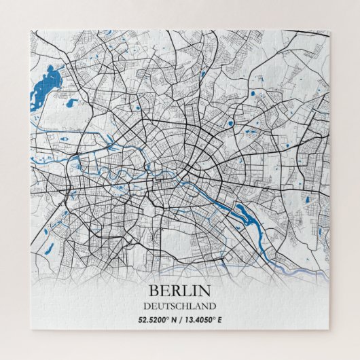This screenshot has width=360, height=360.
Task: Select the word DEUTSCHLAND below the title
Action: (180, 306)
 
